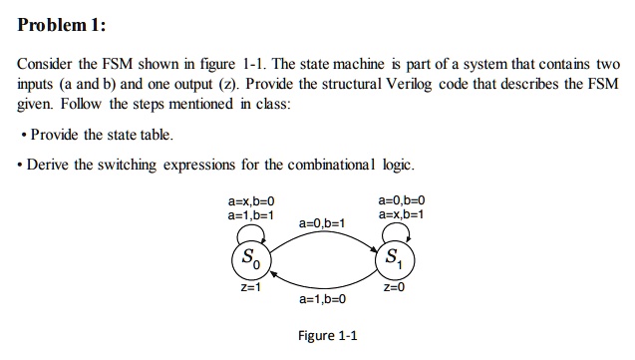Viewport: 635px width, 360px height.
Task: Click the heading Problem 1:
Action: (x=62, y=24)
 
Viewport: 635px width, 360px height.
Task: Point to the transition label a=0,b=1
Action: (x=322, y=222)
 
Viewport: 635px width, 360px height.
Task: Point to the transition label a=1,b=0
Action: (x=322, y=298)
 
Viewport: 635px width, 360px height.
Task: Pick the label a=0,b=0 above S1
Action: (x=401, y=200)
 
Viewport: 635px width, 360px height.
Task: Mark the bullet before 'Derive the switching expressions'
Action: (x=22, y=164)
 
